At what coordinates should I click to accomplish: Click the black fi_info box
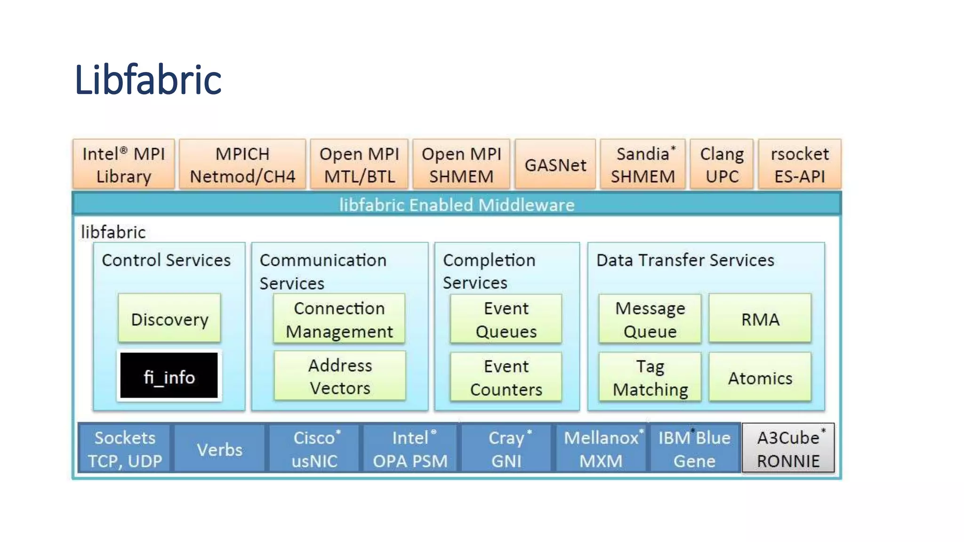(169, 375)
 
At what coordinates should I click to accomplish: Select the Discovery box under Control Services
(169, 319)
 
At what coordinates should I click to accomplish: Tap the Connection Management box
(339, 319)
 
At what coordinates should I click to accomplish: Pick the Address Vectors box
(339, 376)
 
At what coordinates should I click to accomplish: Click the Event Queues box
(506, 319)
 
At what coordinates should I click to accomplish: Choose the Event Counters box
(506, 377)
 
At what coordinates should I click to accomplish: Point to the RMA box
(760, 319)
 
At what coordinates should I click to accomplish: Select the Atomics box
(760, 377)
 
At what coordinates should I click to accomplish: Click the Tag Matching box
(650, 377)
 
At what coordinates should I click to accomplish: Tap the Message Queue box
(650, 319)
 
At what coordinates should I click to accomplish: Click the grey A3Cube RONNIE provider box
(788, 448)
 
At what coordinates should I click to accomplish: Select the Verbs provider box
(219, 449)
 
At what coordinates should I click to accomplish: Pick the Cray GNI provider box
(506, 449)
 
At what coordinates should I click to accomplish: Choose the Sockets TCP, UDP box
(125, 449)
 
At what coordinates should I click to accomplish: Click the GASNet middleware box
(555, 164)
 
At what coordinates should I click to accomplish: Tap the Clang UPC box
(722, 164)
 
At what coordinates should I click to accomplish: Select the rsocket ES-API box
(799, 164)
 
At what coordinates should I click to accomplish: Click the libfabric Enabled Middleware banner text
(457, 205)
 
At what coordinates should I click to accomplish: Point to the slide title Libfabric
(148, 80)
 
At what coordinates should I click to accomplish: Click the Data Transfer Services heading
(685, 260)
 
